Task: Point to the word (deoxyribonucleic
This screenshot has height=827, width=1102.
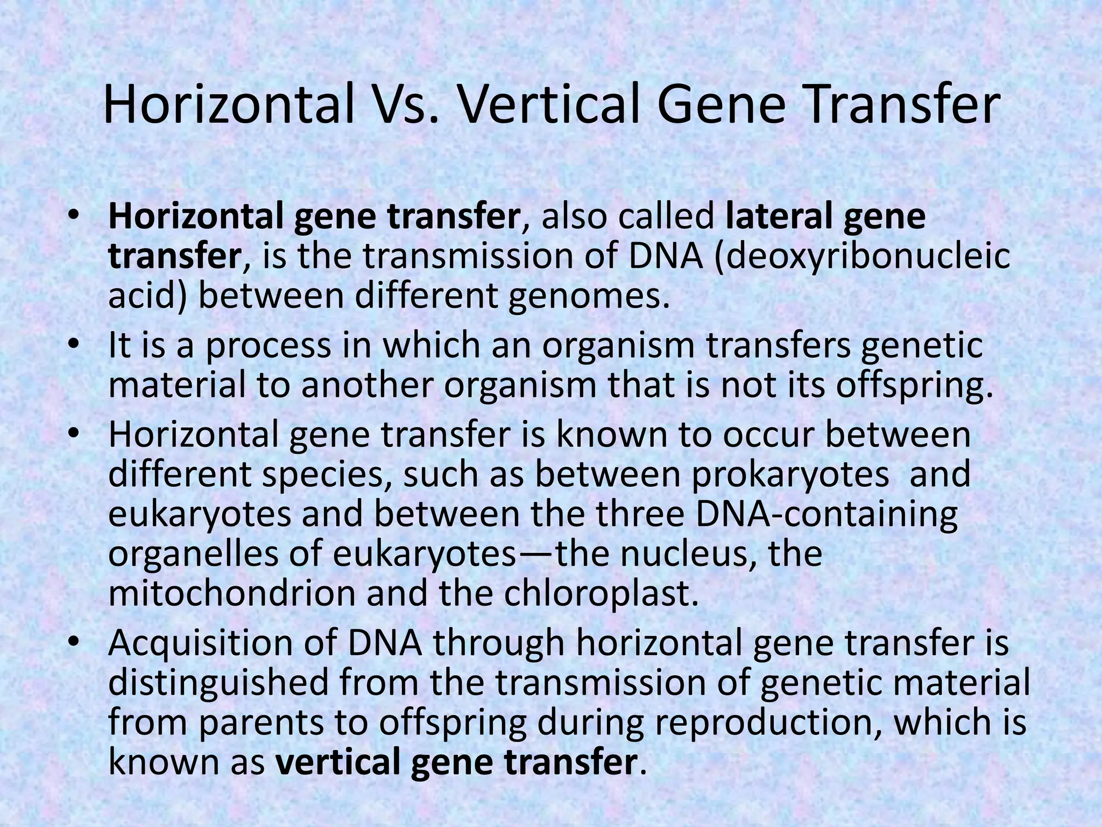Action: click(862, 257)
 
